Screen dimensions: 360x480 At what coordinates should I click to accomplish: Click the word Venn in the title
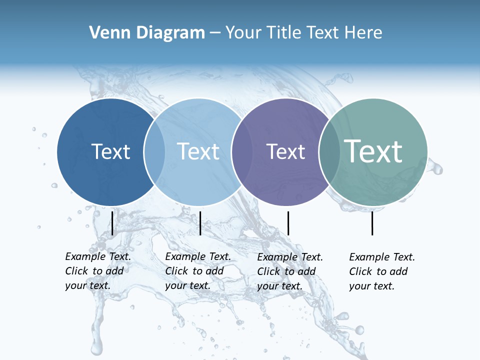coord(105,33)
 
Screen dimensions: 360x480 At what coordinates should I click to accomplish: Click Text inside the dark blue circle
coord(110,151)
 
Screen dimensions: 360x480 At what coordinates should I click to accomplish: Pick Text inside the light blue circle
coord(198,151)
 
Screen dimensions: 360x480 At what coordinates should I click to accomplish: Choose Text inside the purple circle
coord(286,151)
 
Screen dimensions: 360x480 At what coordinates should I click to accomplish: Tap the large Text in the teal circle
coord(373,151)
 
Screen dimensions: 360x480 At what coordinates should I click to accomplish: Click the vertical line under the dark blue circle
coord(112,223)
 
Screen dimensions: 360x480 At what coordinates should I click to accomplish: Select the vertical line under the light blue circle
coord(200,223)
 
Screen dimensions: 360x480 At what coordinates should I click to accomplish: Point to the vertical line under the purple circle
coord(288,223)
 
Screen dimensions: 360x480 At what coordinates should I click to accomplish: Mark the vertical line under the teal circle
coord(372,223)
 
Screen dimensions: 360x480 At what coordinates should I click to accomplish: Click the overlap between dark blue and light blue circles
coord(154,152)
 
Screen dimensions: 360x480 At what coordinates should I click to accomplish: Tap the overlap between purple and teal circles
coord(329,152)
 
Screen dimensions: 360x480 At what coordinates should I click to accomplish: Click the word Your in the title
coord(242,33)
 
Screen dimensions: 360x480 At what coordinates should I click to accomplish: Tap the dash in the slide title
coord(214,33)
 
